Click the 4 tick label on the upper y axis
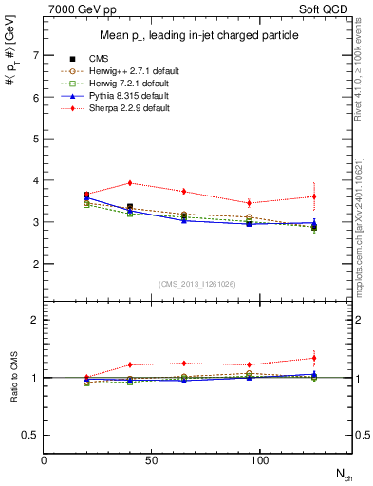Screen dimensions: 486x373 tap(37, 180)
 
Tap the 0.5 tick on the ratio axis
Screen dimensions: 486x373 tap(33, 435)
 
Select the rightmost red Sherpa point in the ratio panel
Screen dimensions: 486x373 tap(314, 358)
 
